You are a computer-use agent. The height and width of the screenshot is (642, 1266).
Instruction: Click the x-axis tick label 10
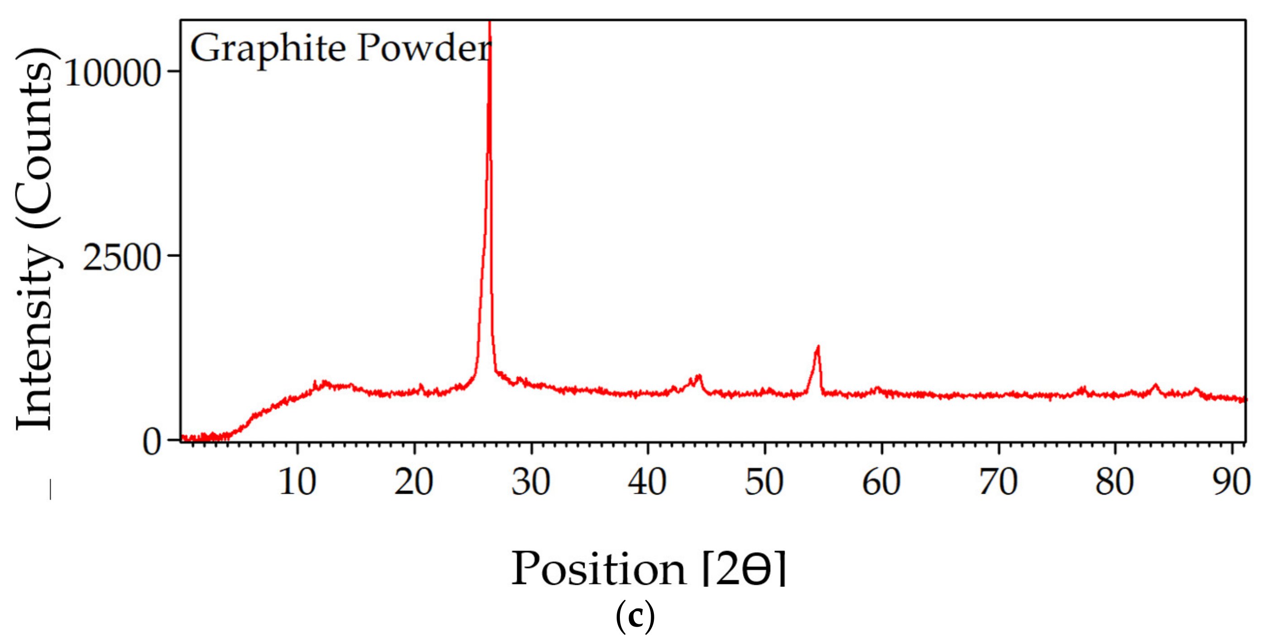(x=297, y=482)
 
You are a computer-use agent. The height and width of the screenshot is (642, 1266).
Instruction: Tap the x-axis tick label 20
(x=414, y=482)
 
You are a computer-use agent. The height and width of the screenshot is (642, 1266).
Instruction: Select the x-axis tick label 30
(x=531, y=482)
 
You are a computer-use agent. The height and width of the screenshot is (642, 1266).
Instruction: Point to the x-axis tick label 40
(x=647, y=482)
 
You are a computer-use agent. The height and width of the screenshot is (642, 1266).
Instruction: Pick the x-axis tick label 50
(x=764, y=482)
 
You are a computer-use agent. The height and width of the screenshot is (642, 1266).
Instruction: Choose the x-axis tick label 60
(x=881, y=482)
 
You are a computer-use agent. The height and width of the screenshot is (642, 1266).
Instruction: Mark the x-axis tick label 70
(x=998, y=482)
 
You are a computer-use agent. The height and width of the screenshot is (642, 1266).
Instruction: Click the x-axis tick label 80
(x=1115, y=482)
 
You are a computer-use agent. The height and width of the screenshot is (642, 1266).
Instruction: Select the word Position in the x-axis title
(x=598, y=569)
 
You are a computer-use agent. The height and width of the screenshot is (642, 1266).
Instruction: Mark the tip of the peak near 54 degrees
(x=818, y=347)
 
